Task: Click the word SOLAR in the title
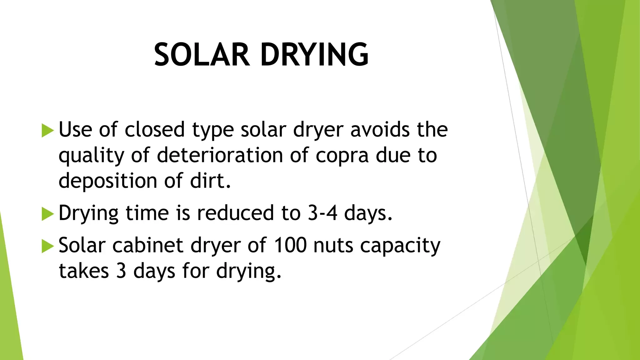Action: point(202,55)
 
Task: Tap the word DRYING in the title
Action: point(315,55)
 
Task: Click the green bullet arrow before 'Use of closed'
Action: point(48,130)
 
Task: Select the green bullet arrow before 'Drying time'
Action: point(48,214)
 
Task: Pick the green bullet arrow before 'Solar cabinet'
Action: point(48,246)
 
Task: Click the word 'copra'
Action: point(342,156)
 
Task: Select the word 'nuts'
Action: point(333,246)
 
